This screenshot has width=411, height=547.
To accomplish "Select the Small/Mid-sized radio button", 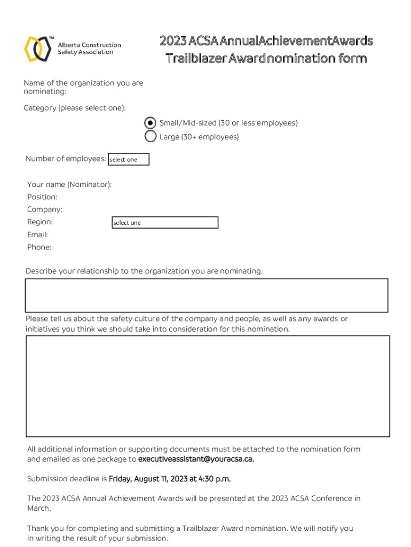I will click(x=151, y=123).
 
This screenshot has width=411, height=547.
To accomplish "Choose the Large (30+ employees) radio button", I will click(x=151, y=137).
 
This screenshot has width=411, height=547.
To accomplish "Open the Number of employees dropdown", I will click(x=129, y=159).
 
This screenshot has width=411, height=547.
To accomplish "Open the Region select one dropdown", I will click(x=165, y=222).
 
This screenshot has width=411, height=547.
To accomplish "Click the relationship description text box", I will click(x=207, y=295).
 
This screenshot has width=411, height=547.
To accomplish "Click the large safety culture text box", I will click(x=208, y=386).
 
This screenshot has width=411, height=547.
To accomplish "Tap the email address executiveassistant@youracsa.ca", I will click(x=196, y=459).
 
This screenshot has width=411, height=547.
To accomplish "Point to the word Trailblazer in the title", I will click(x=195, y=58).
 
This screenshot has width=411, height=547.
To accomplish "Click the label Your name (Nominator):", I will click(x=69, y=185).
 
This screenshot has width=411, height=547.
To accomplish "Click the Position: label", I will click(x=42, y=197).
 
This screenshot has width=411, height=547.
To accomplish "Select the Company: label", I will click(x=45, y=209).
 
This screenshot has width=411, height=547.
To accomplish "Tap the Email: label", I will click(x=37, y=235).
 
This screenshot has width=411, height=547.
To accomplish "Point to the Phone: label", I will click(x=39, y=247).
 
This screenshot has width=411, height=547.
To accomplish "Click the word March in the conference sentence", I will click(x=38, y=509).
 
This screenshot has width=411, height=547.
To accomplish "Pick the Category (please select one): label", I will click(x=75, y=108).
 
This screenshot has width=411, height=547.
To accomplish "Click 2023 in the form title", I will click(x=173, y=41).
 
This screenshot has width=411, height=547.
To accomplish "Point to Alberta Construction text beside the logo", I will click(x=89, y=45).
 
